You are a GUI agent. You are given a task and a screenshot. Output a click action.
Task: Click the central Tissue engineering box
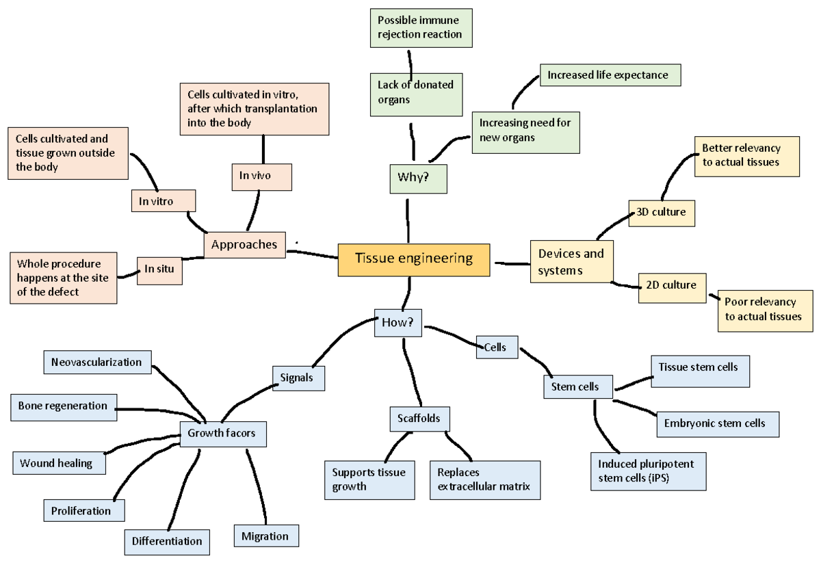pyautogui.click(x=414, y=259)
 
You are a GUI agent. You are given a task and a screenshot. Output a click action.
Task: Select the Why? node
pyautogui.click(x=418, y=179)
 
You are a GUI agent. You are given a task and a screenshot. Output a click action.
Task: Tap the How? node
pyautogui.click(x=398, y=323)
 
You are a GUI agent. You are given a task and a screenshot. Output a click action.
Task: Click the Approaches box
pyautogui.click(x=245, y=245)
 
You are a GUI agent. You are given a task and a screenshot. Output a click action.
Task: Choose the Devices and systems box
pyautogui.click(x=572, y=261)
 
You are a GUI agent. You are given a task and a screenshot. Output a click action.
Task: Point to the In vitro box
pyautogui.click(x=163, y=201)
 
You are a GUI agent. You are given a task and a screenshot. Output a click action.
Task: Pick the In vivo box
pyautogui.click(x=262, y=176)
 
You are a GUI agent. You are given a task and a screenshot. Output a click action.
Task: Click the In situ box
pyautogui.click(x=159, y=269)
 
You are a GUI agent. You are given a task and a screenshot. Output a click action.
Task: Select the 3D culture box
pyautogui.click(x=662, y=213)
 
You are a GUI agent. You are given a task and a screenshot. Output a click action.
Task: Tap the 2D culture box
pyautogui.click(x=671, y=285)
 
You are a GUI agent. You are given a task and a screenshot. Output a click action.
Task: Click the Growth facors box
pyautogui.click(x=222, y=434)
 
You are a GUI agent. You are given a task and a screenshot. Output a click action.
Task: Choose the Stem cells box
pyautogui.click(x=578, y=387)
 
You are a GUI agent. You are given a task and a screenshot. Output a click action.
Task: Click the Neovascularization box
pyautogui.click(x=97, y=362)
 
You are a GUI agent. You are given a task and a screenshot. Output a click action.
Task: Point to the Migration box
pyautogui.click(x=266, y=536)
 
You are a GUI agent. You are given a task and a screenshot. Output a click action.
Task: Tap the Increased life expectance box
pyautogui.click(x=610, y=75)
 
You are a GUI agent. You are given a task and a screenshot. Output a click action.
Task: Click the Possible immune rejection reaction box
pyautogui.click(x=421, y=28)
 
